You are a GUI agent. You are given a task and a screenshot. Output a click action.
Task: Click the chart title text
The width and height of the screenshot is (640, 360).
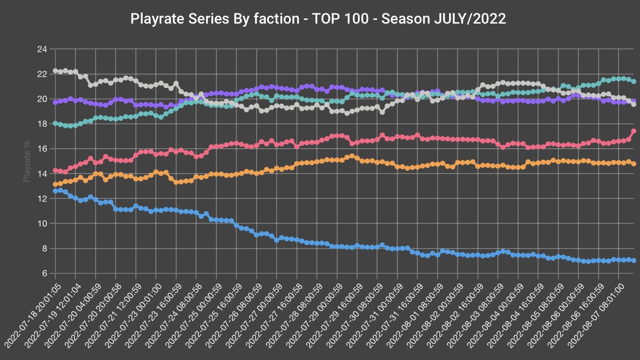(318, 18)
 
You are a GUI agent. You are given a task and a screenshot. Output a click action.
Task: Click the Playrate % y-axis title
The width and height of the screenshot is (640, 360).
(27, 161)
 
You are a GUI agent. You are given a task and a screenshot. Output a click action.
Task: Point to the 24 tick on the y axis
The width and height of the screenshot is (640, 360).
(42, 49)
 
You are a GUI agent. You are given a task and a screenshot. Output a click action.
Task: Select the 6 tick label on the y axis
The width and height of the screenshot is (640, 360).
(44, 273)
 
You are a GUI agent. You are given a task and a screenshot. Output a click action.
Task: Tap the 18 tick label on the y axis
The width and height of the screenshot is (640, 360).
(42, 124)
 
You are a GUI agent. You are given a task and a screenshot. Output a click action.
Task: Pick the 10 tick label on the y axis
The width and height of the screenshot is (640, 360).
(42, 224)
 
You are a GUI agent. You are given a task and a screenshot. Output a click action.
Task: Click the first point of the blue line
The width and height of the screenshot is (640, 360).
(55, 191)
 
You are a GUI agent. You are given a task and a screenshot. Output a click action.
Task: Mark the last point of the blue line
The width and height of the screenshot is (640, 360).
(634, 260)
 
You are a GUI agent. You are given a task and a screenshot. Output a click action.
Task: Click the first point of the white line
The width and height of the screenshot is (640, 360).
(55, 70)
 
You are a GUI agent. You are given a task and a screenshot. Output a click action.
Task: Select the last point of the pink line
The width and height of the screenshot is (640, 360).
(634, 131)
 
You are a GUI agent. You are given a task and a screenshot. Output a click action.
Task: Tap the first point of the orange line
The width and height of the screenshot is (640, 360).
(55, 184)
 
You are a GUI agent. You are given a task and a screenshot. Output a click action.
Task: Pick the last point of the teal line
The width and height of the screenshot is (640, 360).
(634, 81)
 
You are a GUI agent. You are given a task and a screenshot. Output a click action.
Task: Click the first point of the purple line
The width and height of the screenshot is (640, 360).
(55, 103)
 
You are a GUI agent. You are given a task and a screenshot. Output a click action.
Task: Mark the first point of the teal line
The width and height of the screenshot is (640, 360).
(55, 124)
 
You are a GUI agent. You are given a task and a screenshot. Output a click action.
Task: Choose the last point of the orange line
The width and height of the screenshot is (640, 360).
(634, 164)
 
